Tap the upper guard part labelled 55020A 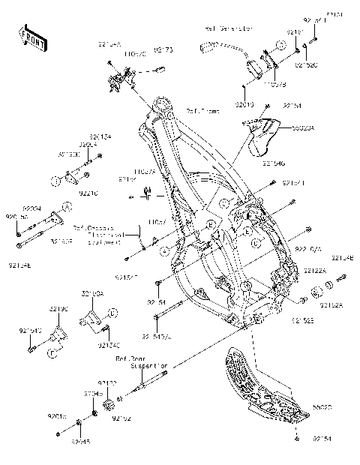[262, 132]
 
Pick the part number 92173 [164, 51]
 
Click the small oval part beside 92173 [158, 68]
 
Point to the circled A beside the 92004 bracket [67, 205]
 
